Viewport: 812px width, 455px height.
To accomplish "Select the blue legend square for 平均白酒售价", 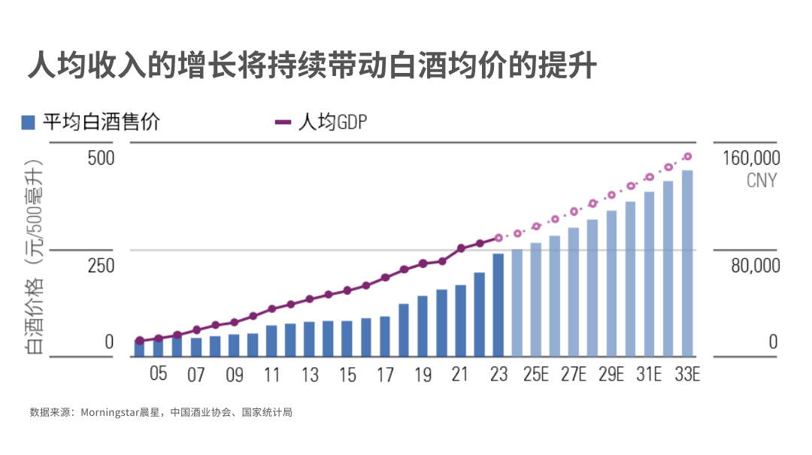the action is click(x=28, y=123).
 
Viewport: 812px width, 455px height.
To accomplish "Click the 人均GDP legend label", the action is click(x=333, y=123).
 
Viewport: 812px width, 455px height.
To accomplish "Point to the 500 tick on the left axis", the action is click(x=101, y=158).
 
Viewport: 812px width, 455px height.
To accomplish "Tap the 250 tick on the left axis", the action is click(x=101, y=265).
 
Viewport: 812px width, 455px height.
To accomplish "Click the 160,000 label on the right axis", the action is click(x=751, y=158).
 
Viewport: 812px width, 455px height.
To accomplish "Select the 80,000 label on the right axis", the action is click(x=756, y=265).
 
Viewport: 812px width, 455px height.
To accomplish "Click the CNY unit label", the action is click(x=762, y=180).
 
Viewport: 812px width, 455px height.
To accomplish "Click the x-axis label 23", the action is click(x=498, y=375).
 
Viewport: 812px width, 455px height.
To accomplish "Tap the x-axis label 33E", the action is click(x=687, y=375).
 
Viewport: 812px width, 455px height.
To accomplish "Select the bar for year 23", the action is click(x=498, y=305).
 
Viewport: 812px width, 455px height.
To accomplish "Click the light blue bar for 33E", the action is click(x=687, y=263).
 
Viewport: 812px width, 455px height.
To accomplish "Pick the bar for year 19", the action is click(x=423, y=326).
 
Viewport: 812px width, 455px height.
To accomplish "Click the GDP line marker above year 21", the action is click(x=461, y=249).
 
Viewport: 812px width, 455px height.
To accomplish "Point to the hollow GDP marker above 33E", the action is click(x=688, y=156).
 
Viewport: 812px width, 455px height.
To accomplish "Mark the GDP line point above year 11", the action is click(x=272, y=309).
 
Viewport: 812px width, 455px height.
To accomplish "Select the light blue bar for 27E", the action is click(x=574, y=293).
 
